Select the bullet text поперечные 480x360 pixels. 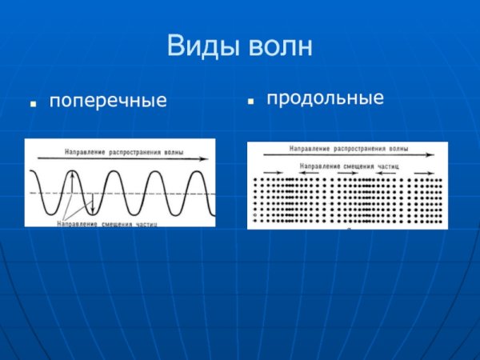point(108,102)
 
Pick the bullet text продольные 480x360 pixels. point(325,98)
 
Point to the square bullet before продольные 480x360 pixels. point(250,102)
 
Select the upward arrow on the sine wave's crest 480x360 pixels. point(70,182)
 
